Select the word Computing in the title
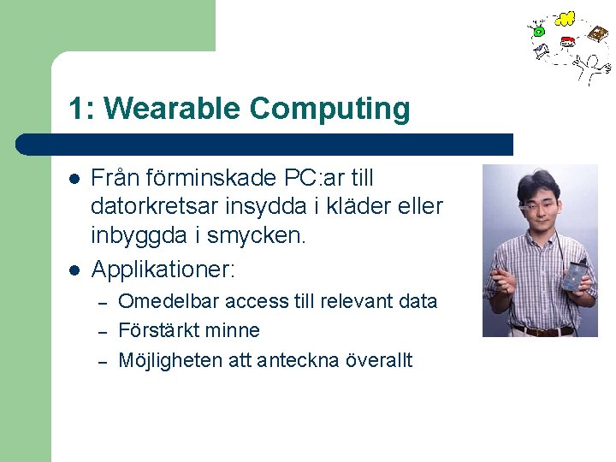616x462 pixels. [330, 110]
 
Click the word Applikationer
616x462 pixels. [161, 269]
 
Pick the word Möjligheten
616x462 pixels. [170, 360]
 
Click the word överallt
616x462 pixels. [379, 360]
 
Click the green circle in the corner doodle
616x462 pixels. [539, 32]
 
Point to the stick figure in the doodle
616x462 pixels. [589, 66]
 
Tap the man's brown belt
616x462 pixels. [541, 329]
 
